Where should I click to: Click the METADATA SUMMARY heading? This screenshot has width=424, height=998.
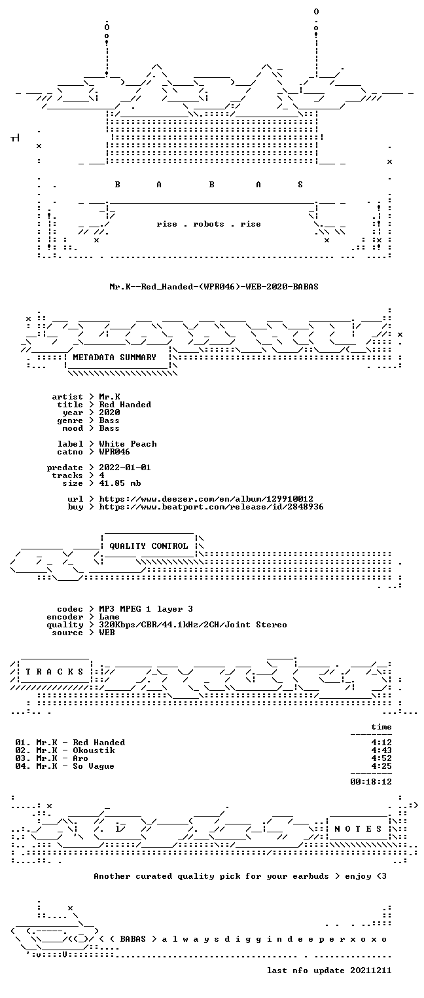coord(115,358)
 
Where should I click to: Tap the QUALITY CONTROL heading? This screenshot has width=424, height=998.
coord(149,545)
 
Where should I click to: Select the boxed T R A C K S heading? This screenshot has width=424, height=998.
coord(55,672)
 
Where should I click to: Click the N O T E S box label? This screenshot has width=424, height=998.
coord(358,829)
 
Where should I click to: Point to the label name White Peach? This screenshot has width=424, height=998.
coord(128,444)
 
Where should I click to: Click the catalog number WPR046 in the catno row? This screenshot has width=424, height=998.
coord(115,452)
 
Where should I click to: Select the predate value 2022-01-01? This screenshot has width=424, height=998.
coord(125,468)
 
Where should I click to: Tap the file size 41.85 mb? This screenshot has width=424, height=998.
coord(120,483)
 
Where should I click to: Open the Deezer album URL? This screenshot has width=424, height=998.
coord(205,499)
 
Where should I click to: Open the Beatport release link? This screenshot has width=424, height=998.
coord(211,507)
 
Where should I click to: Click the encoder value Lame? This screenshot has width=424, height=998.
coord(109,617)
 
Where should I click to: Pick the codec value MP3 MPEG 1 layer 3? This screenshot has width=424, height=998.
coord(146,609)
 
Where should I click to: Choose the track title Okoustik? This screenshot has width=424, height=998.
coord(94,750)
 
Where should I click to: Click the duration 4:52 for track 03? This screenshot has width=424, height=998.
coord(381,758)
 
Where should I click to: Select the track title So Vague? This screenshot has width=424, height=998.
coord(94,766)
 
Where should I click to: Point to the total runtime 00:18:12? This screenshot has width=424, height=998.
coord(371,781)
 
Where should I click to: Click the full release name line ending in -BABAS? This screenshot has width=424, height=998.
coord(214,286)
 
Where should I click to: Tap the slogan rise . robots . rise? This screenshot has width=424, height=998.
coord(209,224)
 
